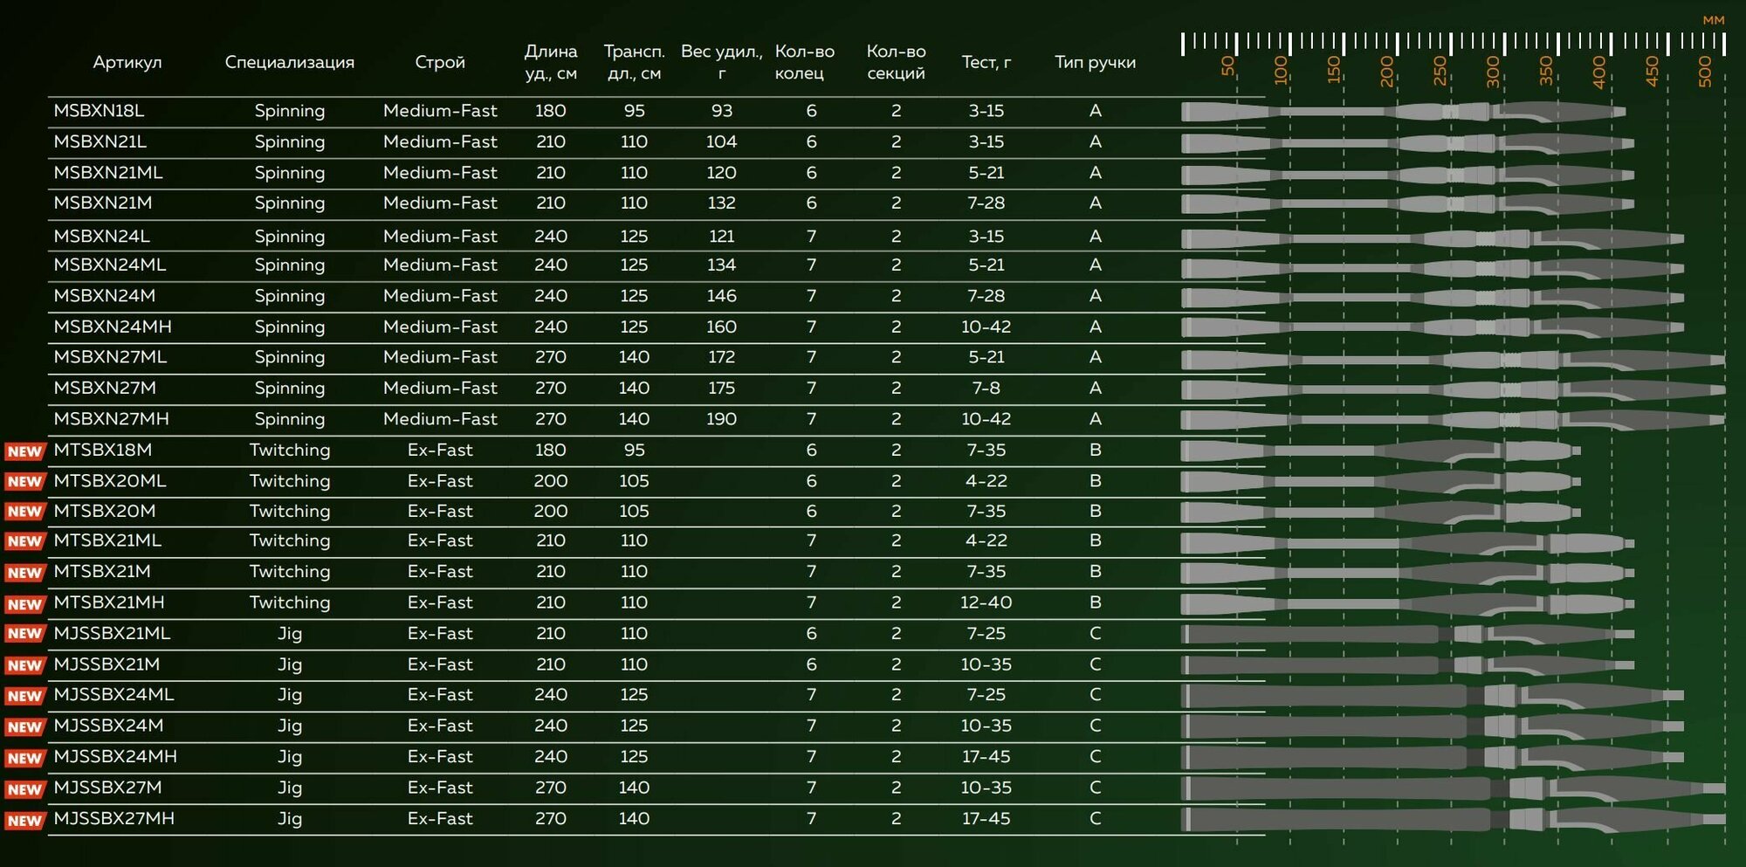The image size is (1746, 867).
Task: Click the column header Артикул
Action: [x=127, y=62]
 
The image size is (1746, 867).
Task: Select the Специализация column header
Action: [x=289, y=62]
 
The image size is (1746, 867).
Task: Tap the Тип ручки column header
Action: [x=1095, y=62]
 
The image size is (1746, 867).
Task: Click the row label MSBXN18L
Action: [x=99, y=111]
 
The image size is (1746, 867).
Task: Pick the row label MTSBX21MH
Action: [x=109, y=602]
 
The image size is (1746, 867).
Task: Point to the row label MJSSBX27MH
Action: [x=114, y=819]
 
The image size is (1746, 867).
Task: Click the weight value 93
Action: [x=722, y=111]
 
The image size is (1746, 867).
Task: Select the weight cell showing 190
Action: [x=722, y=419]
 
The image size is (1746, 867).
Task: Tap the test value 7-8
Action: [x=986, y=388]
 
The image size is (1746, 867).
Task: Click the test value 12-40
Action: [x=986, y=602]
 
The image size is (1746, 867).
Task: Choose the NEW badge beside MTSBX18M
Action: [x=24, y=451]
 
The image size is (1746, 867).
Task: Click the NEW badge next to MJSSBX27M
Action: [x=24, y=789]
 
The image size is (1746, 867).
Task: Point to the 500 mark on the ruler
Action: [x=1705, y=71]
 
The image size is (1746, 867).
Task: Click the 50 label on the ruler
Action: [x=1228, y=66]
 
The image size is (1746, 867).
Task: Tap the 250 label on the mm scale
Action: [x=1440, y=71]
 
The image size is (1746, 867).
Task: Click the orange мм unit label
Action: [x=1714, y=20]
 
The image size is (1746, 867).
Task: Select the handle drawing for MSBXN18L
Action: [x=1403, y=112]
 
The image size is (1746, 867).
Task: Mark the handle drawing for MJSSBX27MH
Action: [x=1454, y=820]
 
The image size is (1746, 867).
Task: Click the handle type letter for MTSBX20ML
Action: [x=1096, y=481]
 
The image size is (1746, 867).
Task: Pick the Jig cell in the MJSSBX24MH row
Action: [x=290, y=757]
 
